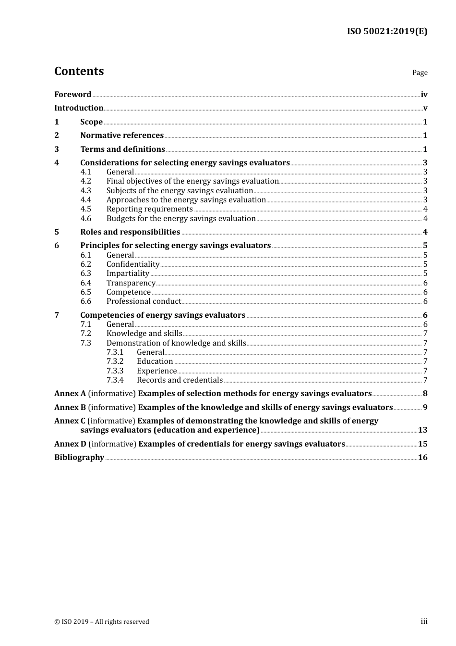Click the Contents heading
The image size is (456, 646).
(79, 71)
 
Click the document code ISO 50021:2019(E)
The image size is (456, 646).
(387, 31)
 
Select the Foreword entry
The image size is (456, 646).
(72, 94)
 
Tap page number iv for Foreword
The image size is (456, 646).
(424, 95)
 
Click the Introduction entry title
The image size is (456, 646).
(79, 108)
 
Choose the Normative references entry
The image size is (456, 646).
(122, 135)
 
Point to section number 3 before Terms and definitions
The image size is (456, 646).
(57, 149)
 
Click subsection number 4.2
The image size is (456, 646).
(85, 181)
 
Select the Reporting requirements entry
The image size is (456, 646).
(149, 209)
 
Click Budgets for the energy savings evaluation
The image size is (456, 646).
(181, 219)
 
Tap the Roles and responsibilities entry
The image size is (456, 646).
(130, 232)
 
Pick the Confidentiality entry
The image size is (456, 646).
(133, 264)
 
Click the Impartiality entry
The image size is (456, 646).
(128, 273)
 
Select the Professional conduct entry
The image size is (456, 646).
(144, 301)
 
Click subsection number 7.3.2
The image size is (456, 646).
(115, 361)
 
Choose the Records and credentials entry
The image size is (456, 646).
(180, 380)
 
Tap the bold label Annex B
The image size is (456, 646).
(70, 407)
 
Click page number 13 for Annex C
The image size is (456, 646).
(422, 430)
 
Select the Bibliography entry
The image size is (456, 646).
(79, 457)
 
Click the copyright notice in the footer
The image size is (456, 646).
(102, 621)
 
